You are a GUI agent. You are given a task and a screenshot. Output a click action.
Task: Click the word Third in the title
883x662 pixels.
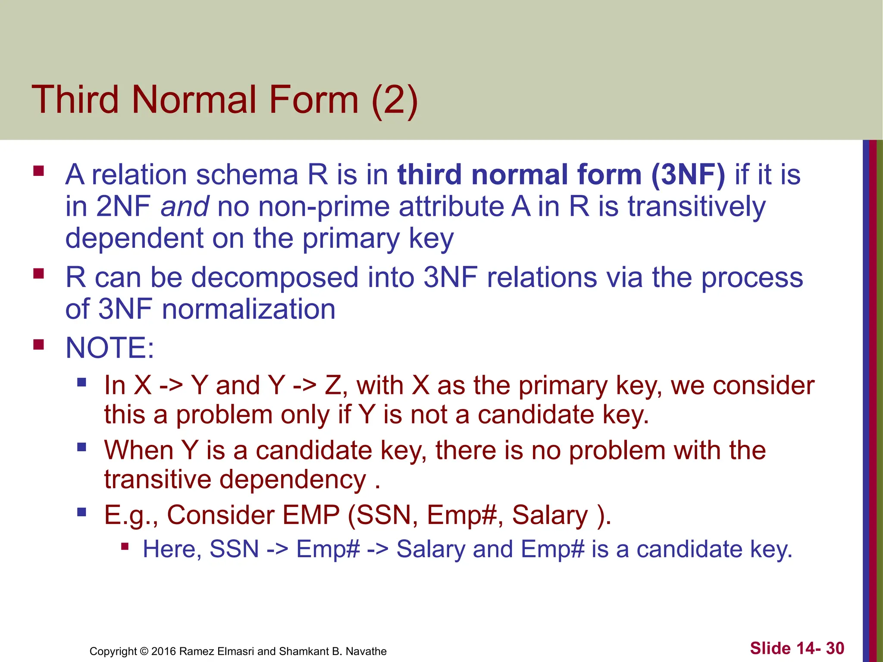point(75,100)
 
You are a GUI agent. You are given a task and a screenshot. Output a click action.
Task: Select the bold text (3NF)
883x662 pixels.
point(688,175)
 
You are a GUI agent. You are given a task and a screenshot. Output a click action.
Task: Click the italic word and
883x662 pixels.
point(185,206)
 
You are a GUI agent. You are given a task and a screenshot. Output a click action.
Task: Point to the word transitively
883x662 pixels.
point(696,206)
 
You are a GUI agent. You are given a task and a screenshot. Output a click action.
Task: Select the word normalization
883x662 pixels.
point(248,309)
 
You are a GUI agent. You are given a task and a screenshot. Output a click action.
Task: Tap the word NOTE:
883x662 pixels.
point(110,347)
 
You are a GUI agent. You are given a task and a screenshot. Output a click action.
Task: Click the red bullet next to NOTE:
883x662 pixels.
point(39,345)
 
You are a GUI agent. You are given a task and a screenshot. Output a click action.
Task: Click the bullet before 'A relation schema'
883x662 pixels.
point(39,171)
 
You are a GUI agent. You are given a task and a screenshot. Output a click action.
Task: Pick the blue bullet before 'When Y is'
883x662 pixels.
point(82,447)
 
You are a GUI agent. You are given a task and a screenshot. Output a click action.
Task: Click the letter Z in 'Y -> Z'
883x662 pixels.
point(333,385)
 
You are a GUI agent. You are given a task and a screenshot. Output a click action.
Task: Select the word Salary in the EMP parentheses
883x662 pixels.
point(550,515)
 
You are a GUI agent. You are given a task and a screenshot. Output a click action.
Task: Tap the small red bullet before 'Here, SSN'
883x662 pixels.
point(125,547)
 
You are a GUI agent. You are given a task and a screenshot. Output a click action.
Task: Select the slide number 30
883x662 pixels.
point(835,648)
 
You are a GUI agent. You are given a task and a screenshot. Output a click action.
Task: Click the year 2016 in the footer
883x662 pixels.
point(164,651)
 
